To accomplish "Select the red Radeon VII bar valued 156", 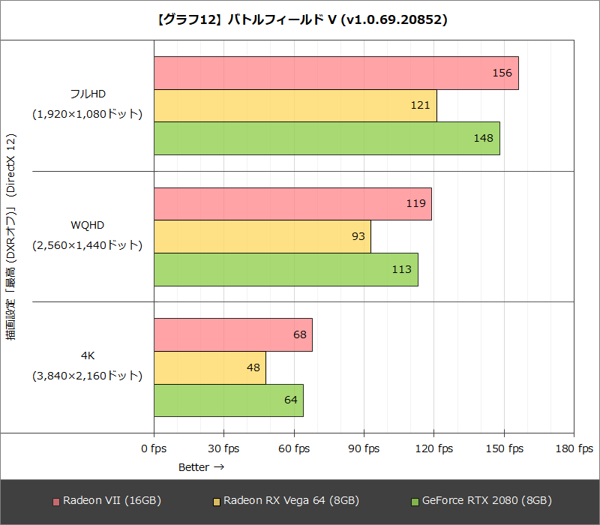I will [x=336, y=73].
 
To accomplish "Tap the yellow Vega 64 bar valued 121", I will [x=295, y=106].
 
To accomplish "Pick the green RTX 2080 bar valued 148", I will [x=326, y=138].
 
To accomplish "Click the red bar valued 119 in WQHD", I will [x=292, y=204].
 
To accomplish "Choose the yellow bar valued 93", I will [x=262, y=236].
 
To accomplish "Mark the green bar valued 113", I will [x=286, y=269].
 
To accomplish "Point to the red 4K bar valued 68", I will [x=232, y=334].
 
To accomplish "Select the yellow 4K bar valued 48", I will [x=209, y=367].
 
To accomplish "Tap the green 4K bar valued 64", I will [x=228, y=400].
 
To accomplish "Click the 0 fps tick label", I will [x=154, y=448].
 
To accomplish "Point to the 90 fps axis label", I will [x=364, y=448].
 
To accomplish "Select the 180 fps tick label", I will [x=574, y=448].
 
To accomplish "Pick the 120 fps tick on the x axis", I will [x=433, y=448].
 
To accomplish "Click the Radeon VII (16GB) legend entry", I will [x=106, y=500].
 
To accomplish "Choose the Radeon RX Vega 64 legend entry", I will [x=286, y=500].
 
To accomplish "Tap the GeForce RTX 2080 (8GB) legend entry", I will [x=481, y=500].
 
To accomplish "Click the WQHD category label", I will [x=88, y=225].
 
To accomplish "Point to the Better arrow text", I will [x=201, y=467].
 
